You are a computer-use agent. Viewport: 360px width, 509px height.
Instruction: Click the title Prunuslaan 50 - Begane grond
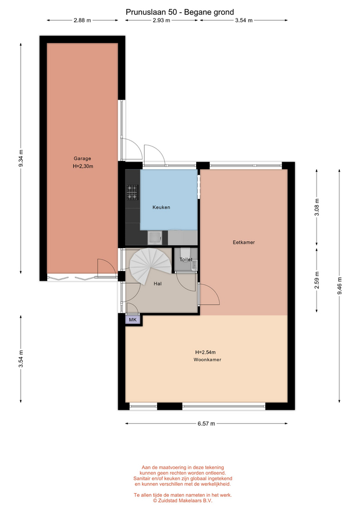180,12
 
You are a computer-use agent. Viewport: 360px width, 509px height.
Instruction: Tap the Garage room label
82,159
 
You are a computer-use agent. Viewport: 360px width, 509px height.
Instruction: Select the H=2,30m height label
83,166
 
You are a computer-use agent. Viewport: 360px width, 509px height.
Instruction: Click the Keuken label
161,207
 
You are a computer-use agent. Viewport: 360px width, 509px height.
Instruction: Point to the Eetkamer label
244,242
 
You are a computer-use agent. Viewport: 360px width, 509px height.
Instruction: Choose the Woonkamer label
207,359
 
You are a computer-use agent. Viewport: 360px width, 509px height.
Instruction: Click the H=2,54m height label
206,352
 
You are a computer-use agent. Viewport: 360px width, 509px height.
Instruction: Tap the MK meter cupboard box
133,320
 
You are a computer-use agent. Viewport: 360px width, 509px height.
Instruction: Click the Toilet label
186,259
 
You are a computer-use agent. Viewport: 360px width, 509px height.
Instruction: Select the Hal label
158,284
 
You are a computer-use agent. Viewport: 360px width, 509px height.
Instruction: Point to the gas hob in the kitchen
133,192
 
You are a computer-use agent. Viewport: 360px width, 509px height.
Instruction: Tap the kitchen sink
154,238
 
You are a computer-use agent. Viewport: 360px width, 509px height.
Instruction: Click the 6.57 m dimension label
206,424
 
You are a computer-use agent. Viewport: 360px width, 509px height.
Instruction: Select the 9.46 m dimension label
339,286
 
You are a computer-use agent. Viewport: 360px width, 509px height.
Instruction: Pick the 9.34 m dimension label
21,158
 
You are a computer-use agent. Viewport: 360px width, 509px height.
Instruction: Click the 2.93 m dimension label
161,21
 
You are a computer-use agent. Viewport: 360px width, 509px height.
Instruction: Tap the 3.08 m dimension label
317,207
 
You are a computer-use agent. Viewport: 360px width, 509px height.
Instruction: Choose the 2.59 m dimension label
317,280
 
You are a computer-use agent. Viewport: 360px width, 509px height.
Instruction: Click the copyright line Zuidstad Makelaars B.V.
183,501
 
